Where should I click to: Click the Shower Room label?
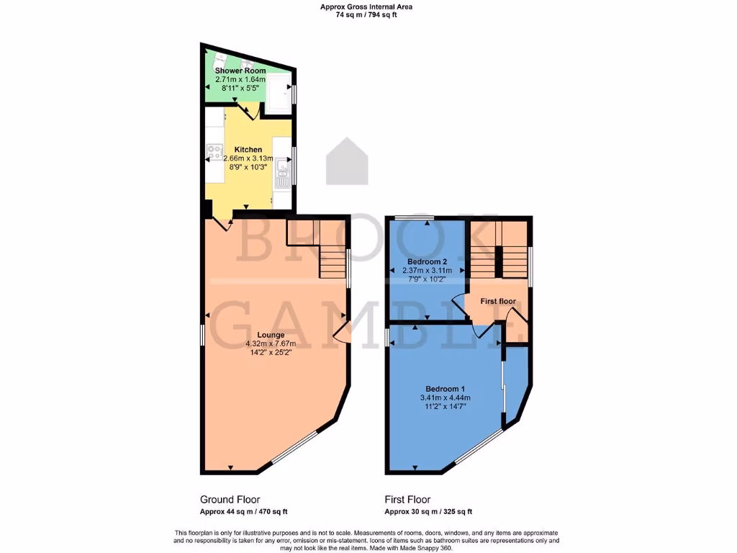(x=240, y=71)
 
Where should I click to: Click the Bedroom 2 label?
(x=428, y=261)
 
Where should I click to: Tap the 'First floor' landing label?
(x=498, y=301)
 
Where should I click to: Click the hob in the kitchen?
(x=214, y=152)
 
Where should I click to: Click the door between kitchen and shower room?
(x=249, y=112)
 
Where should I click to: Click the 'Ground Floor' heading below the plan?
(x=230, y=499)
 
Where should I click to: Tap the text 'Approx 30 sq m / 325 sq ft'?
(x=428, y=512)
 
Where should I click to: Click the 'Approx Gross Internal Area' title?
(x=367, y=6)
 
